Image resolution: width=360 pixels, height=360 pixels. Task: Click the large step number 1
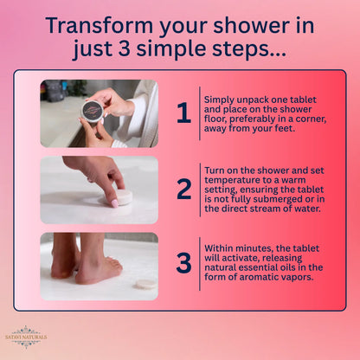(x=183, y=113)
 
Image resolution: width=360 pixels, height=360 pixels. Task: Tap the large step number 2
(x=183, y=190)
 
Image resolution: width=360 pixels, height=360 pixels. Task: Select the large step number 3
(x=183, y=265)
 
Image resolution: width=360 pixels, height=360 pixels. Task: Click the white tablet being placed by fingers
(x=122, y=197)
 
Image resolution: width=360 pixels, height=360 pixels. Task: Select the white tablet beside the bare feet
(x=147, y=282)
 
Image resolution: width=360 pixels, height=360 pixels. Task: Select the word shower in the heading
(x=235, y=24)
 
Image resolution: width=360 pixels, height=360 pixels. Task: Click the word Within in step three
(x=222, y=247)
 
